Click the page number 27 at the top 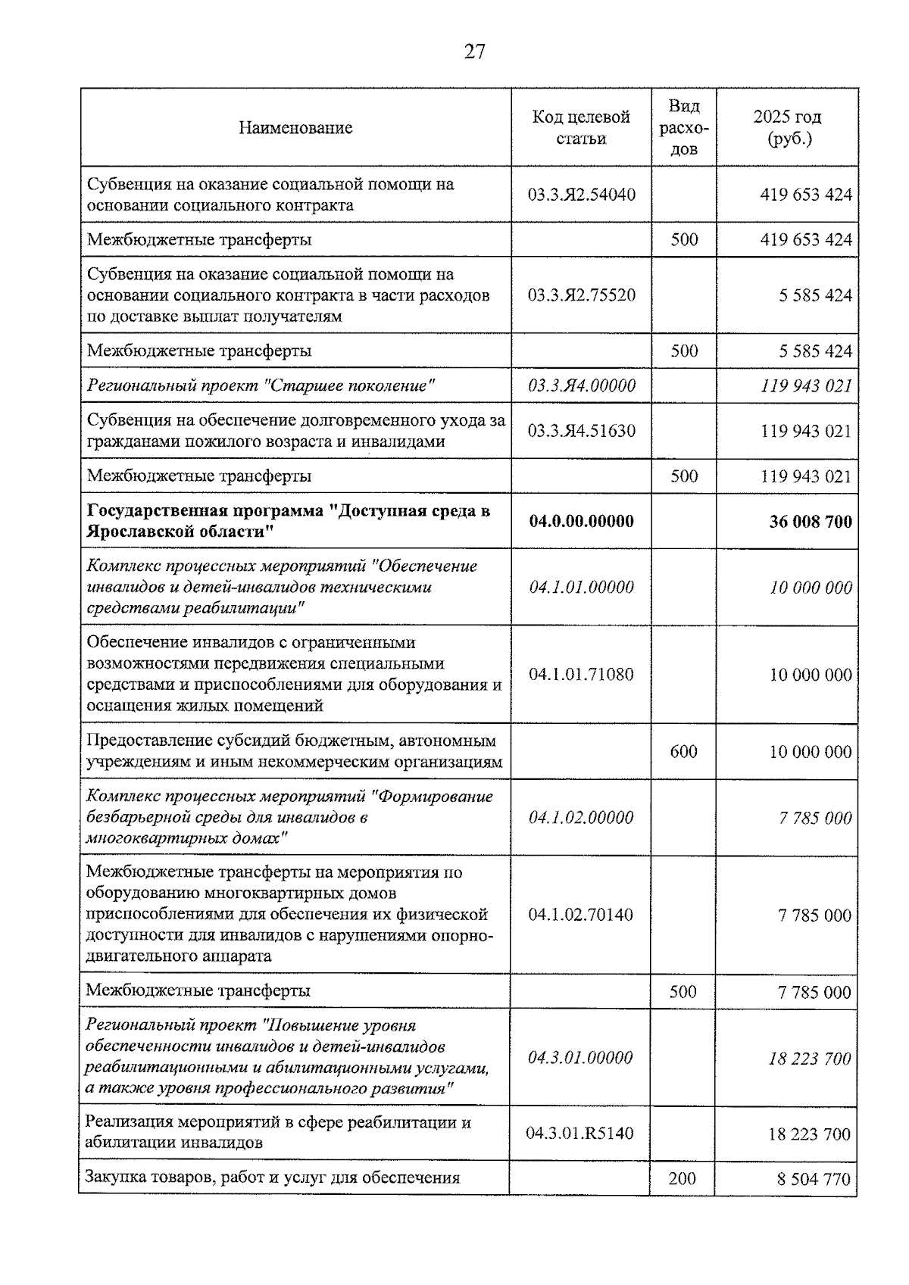(x=474, y=51)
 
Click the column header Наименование (x=295, y=128)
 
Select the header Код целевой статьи (x=581, y=128)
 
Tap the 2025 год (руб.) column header (x=787, y=128)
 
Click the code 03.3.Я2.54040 (x=581, y=195)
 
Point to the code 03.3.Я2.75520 (x=581, y=295)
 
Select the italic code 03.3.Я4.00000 (x=581, y=386)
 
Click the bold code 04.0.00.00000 (x=581, y=522)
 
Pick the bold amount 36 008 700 (x=810, y=522)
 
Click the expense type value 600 (x=683, y=752)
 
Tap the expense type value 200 (x=683, y=1178)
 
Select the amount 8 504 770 (x=814, y=1179)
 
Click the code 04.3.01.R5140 (x=579, y=1134)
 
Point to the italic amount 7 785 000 (x=814, y=818)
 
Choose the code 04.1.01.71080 (x=581, y=675)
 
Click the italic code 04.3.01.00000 (x=580, y=1058)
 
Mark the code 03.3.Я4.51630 (x=581, y=432)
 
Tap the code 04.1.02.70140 (x=580, y=915)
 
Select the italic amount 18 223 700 (x=809, y=1059)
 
